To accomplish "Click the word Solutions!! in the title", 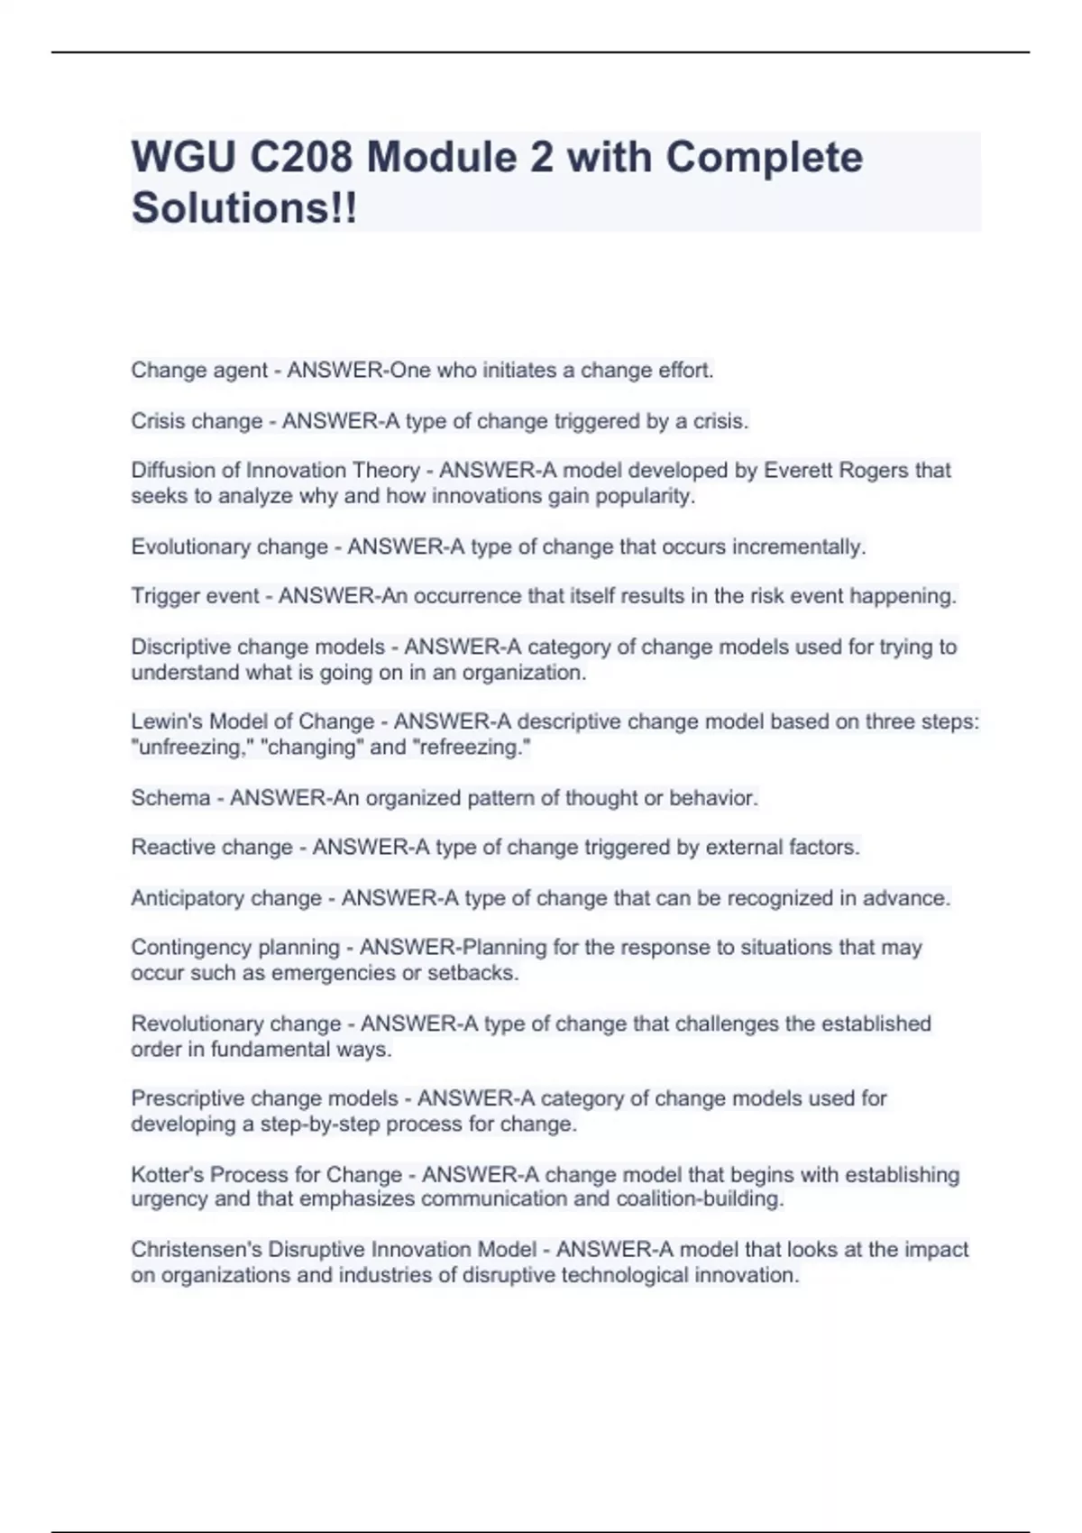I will pos(244,207).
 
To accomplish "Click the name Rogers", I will pos(874,471).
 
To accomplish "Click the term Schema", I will pos(170,798).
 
